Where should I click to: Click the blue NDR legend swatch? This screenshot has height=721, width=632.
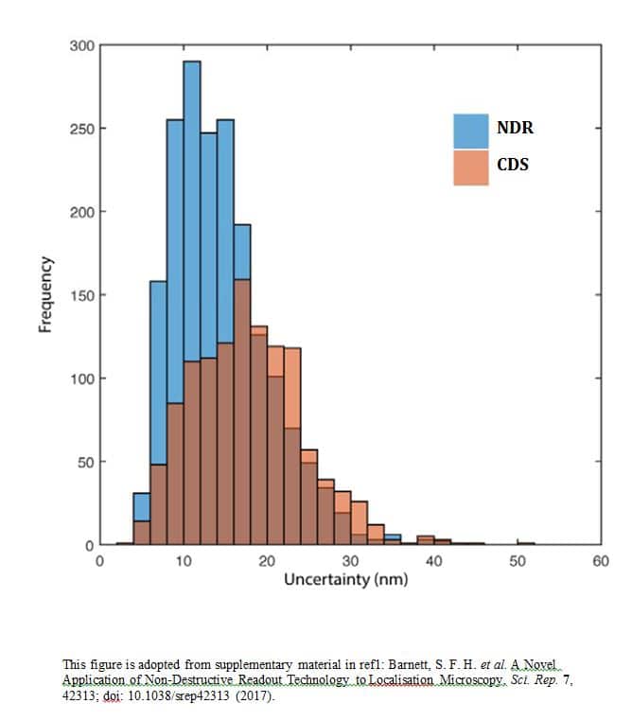[471, 130]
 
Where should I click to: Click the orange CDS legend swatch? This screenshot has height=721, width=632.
[471, 167]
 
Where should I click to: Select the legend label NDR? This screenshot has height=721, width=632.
[513, 129]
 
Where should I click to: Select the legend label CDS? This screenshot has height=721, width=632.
[512, 165]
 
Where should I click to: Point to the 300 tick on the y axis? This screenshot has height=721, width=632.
[82, 45]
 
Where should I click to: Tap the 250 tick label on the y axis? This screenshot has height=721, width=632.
[82, 129]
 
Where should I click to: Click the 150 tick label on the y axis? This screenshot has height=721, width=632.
[82, 295]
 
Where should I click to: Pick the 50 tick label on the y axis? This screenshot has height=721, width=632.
[85, 463]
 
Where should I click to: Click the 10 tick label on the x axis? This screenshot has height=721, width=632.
[184, 561]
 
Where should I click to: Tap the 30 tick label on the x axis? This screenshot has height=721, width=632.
[350, 561]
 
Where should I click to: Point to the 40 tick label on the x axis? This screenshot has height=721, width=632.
[433, 561]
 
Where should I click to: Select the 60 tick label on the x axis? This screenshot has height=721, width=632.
[600, 561]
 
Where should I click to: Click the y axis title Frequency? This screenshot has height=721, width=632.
[44, 295]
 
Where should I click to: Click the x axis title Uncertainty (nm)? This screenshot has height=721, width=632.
[346, 578]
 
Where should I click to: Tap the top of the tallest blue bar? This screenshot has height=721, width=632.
[191, 62]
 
